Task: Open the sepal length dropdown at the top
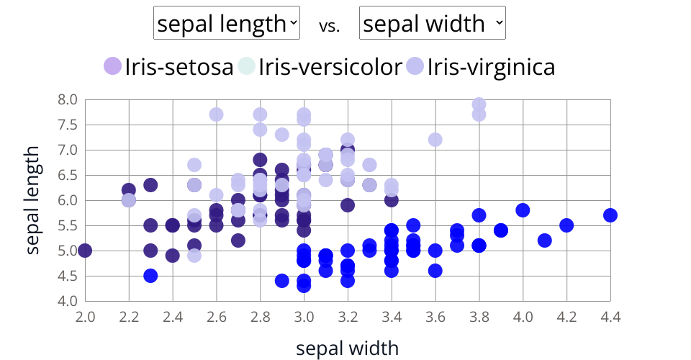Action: click(227, 24)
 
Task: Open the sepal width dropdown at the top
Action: click(433, 24)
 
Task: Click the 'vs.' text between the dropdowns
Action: click(330, 26)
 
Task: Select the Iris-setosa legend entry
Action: click(169, 67)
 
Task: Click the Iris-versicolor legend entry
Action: click(320, 67)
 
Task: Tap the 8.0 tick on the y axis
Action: click(67, 99)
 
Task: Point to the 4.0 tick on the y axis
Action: click(67, 301)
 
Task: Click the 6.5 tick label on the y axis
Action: click(67, 175)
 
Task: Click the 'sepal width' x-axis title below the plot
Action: click(347, 348)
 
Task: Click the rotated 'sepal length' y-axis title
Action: click(32, 200)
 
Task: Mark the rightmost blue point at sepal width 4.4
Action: click(610, 215)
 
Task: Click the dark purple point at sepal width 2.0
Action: click(85, 251)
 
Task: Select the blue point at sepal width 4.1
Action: click(545, 240)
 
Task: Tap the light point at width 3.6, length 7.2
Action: click(435, 140)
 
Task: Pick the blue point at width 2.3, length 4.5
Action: click(150, 276)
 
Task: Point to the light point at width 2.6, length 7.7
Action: click(216, 114)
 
